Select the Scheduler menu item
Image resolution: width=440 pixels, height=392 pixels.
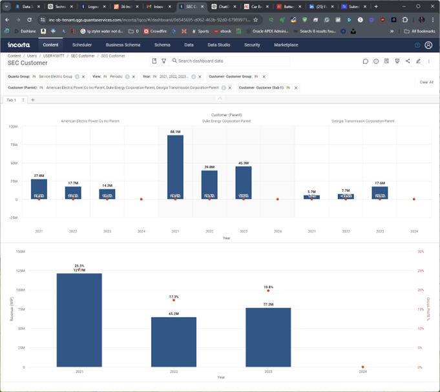82,45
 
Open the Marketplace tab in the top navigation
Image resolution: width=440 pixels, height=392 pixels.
286,45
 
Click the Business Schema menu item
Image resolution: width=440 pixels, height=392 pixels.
123,45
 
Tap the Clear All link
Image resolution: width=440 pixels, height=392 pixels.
426,82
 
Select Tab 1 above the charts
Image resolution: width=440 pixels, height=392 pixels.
11,100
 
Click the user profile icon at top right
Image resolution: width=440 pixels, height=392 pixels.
428,45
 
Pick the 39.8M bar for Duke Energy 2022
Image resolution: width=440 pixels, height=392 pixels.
209,185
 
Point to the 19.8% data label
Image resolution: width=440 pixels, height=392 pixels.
268,286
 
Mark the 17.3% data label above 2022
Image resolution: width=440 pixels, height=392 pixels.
174,297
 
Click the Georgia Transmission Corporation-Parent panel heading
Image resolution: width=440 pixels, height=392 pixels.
362,121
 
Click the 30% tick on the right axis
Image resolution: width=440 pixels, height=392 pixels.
421,252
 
